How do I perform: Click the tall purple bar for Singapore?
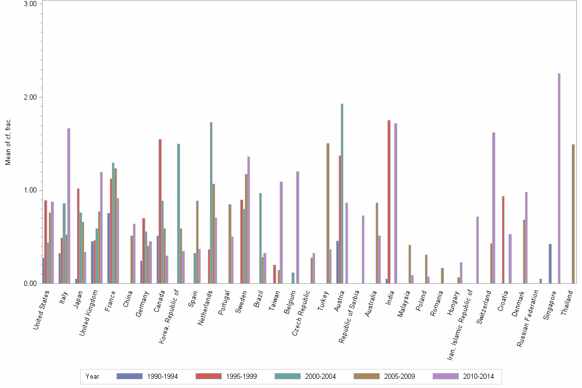coord(559,178)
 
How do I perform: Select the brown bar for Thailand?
coord(573,214)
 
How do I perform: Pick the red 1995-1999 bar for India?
coord(389,202)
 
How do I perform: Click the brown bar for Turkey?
coord(328,213)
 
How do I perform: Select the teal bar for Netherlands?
coord(211,203)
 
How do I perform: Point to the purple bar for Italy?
coord(69,206)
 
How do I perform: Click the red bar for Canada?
coord(160,211)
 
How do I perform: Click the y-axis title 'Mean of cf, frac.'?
coord(8,142)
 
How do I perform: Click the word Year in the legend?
coord(92,376)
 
